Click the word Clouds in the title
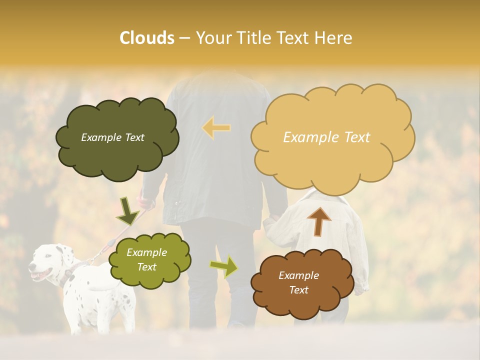pyautogui.click(x=147, y=38)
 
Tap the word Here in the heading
pyautogui.click(x=334, y=38)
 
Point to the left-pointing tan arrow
pyautogui.click(x=216, y=127)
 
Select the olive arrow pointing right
pyautogui.click(x=224, y=266)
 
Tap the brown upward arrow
pyautogui.click(x=319, y=221)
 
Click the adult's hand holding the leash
pyautogui.click(x=145, y=203)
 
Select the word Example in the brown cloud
pyautogui.click(x=298, y=275)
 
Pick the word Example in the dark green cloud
pyautogui.click(x=99, y=137)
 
